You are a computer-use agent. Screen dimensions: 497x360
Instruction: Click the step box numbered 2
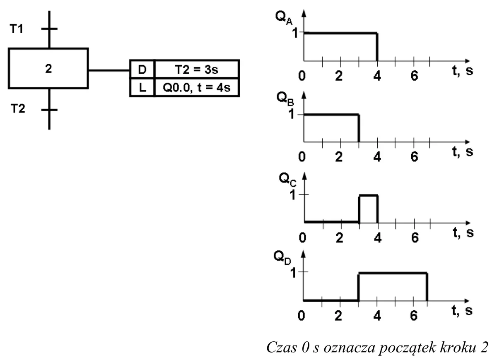tap(48, 68)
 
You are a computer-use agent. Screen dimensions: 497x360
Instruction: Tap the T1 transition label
tap(17, 29)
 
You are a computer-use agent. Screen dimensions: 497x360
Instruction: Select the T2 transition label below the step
tap(18, 108)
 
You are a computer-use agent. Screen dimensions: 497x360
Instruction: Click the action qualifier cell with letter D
tap(142, 69)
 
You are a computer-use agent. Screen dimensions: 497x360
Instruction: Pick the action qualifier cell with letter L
tap(142, 87)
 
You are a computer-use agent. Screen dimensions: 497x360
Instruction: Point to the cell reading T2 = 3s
tap(197, 69)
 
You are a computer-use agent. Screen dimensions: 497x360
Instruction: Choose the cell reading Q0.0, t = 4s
tap(197, 87)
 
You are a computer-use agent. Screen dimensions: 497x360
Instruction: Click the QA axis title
tap(284, 18)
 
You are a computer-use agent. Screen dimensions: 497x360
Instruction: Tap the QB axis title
tap(285, 99)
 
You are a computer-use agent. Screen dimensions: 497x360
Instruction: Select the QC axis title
tap(287, 180)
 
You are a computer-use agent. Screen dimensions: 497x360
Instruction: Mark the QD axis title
tap(282, 258)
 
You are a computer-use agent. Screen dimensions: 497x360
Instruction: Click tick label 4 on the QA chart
tap(377, 76)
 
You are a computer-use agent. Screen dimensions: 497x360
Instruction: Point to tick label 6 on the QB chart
tap(414, 157)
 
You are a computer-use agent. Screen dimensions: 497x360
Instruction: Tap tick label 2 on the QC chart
tap(340, 238)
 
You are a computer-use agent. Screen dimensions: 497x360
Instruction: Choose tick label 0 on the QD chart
tap(301, 315)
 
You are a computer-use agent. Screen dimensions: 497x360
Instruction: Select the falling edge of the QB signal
tap(359, 128)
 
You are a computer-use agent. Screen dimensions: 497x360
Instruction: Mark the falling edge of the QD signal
tap(427, 287)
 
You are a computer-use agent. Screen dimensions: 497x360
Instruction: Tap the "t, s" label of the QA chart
tap(463, 71)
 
